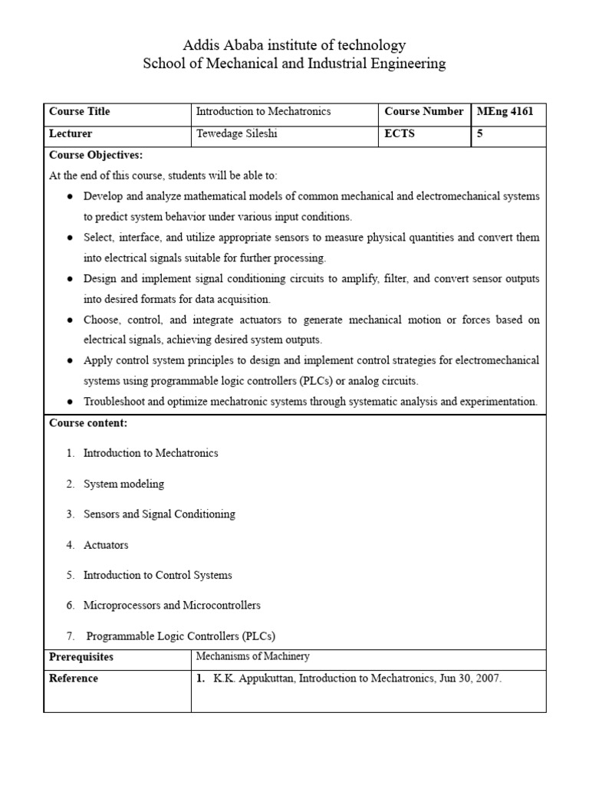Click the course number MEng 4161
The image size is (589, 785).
click(x=505, y=112)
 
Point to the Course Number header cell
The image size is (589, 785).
click(x=423, y=112)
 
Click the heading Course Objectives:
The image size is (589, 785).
click(x=96, y=155)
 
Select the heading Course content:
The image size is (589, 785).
click(x=88, y=423)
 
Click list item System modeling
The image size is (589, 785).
click(x=123, y=484)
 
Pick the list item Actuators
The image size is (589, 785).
click(x=106, y=545)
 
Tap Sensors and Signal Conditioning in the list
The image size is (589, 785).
click(x=159, y=514)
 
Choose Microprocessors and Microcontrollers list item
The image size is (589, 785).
click(x=172, y=606)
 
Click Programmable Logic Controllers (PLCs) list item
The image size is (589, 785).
click(x=180, y=636)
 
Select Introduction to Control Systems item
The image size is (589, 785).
click(x=157, y=575)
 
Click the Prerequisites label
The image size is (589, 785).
click(x=81, y=658)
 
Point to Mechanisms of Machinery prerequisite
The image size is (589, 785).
click(x=252, y=656)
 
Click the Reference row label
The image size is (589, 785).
click(x=74, y=678)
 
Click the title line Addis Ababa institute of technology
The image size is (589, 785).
click(x=294, y=45)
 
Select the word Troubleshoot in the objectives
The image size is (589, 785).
click(x=114, y=402)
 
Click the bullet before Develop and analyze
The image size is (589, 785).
click(x=70, y=196)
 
